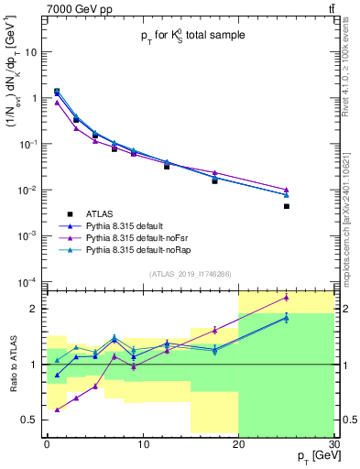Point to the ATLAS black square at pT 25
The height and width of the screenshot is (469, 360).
click(287, 206)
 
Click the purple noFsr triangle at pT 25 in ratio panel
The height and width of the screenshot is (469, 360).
click(287, 297)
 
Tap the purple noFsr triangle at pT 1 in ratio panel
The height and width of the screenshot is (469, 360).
click(57, 409)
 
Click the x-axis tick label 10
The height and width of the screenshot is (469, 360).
click(142, 444)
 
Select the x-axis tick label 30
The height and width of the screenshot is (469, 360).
click(333, 444)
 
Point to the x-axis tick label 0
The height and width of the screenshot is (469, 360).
click(47, 444)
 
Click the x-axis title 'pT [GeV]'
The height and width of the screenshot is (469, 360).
click(312, 456)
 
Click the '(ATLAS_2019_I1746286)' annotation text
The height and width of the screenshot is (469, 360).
click(191, 274)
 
